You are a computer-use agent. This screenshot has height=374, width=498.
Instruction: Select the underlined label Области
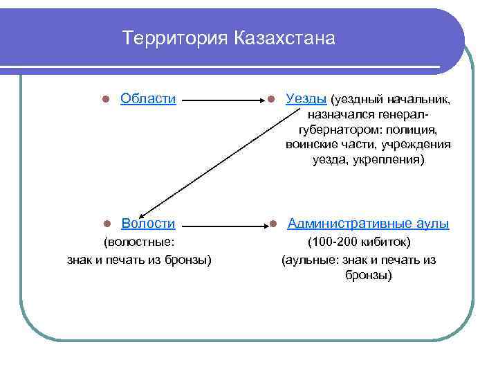tap(148, 98)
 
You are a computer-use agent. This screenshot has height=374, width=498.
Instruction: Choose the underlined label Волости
tap(148, 223)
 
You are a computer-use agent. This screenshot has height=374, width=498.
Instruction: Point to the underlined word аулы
tap(433, 223)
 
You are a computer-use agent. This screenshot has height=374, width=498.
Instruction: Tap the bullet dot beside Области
tap(107, 100)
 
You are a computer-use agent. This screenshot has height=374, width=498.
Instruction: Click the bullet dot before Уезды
tap(273, 100)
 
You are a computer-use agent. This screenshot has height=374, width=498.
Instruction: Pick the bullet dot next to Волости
tap(107, 224)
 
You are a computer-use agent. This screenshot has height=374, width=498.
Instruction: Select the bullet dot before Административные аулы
tap(273, 224)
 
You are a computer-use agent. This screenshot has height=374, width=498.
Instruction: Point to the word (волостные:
tap(139, 242)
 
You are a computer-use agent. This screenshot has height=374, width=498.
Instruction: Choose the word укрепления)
tap(393, 159)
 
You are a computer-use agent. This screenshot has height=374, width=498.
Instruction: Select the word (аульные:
tap(311, 260)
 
